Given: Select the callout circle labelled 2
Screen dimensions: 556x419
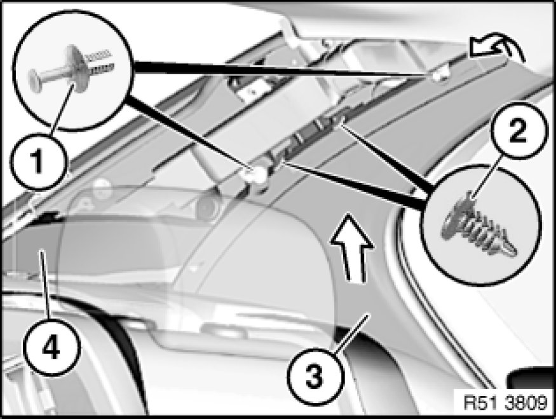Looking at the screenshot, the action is point(517,131).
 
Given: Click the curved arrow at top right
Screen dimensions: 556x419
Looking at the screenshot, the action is point(496,48).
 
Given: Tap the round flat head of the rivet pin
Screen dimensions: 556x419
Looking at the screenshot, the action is point(36,81).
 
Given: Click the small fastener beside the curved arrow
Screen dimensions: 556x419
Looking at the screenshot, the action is point(438,74).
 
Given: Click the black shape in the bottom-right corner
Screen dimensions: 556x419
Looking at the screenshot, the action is point(532,378).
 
